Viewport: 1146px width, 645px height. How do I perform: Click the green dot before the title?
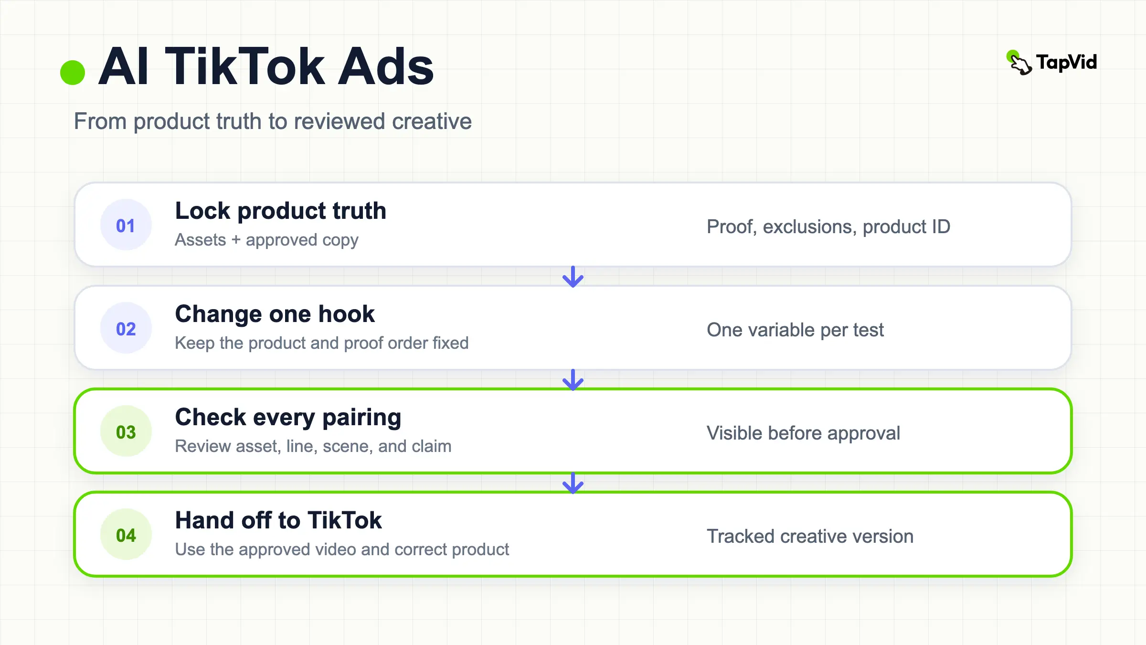pyautogui.click(x=73, y=73)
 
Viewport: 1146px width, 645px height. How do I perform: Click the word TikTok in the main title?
pyautogui.click(x=245, y=66)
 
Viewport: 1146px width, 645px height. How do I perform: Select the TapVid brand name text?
pyautogui.click(x=1067, y=62)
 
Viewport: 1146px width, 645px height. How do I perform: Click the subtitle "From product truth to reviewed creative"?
pyautogui.click(x=273, y=121)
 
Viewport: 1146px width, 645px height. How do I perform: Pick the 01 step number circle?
pyautogui.click(x=126, y=225)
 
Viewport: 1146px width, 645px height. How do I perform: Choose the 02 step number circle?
pyautogui.click(x=126, y=328)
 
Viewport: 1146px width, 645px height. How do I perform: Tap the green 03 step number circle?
pyautogui.click(x=126, y=431)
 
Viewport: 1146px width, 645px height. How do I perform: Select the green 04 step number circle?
pyautogui.click(x=126, y=534)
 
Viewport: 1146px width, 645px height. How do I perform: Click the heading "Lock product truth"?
pyautogui.click(x=281, y=211)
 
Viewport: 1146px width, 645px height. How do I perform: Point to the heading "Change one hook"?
pyautogui.click(x=275, y=314)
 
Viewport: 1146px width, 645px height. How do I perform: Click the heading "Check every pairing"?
pyautogui.click(x=288, y=418)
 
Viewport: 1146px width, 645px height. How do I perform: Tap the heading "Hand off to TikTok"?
pyautogui.click(x=278, y=520)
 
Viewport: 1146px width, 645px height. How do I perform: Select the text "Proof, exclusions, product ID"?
pyautogui.click(x=828, y=226)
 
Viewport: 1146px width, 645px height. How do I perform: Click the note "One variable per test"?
pyautogui.click(x=796, y=330)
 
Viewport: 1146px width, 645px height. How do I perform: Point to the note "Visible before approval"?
pyautogui.click(x=804, y=433)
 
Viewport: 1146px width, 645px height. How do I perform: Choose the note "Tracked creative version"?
pyautogui.click(x=810, y=536)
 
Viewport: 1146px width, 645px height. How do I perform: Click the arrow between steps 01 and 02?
pyautogui.click(x=573, y=277)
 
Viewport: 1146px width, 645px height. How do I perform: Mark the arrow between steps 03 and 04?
pyautogui.click(x=573, y=483)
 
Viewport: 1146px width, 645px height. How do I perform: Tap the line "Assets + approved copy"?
pyautogui.click(x=266, y=240)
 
